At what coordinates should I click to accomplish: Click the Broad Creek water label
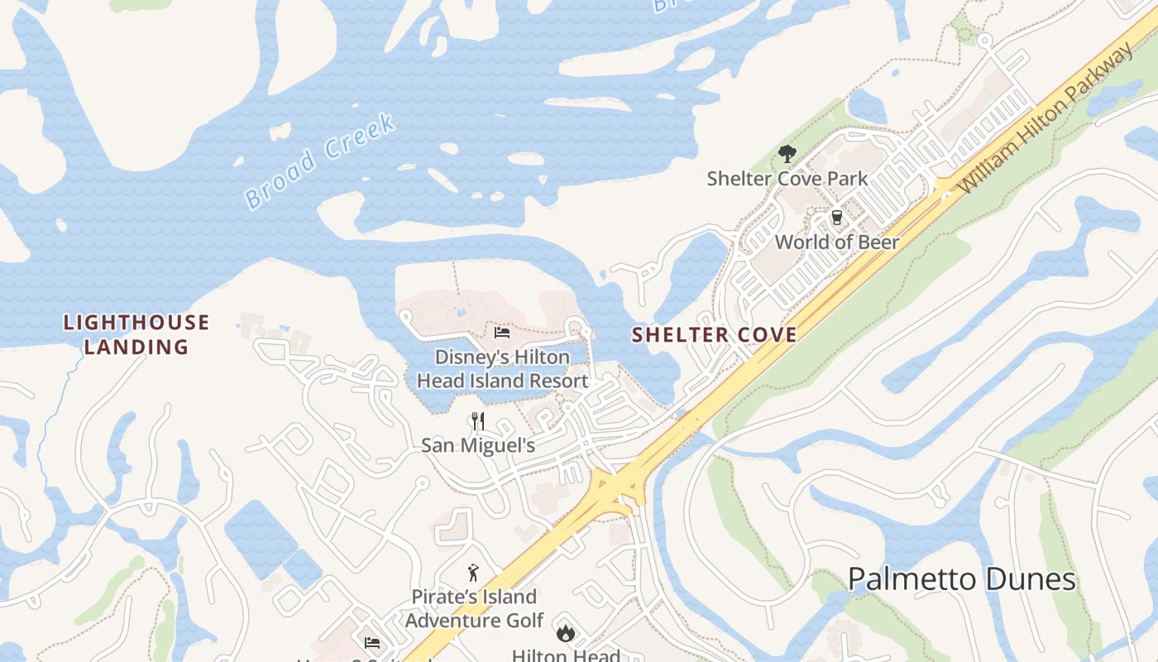coord(320,161)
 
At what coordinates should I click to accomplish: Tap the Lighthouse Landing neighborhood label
coord(136,334)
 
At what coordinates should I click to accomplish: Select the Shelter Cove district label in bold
coord(715,335)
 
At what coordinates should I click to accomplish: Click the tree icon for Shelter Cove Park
coord(787,154)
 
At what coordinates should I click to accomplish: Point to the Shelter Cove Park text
coord(787,179)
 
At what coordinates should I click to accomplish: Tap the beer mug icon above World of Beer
coord(836,218)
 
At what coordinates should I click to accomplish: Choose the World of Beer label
coord(836,242)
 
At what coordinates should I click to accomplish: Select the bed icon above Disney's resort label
coord(501,333)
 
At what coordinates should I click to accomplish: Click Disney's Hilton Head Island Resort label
coord(502,369)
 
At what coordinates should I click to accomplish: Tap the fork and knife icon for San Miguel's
coord(477,421)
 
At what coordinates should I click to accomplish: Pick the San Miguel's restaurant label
coord(478,446)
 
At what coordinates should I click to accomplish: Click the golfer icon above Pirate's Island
coord(473,573)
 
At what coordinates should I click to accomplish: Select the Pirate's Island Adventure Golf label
coord(474,608)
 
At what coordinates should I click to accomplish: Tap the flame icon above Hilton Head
coord(566,633)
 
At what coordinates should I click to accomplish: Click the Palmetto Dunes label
coord(962,579)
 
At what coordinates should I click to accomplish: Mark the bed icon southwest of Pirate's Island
coord(371,642)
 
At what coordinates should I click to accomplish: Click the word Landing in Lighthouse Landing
coord(136,347)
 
